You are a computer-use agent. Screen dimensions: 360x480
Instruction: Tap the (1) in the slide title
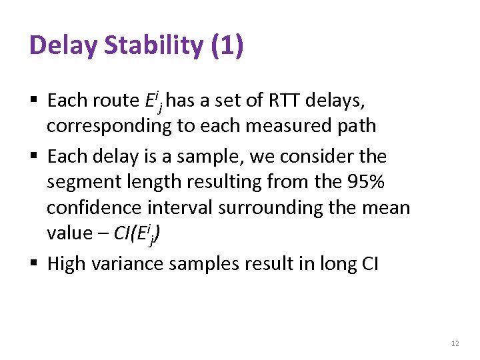(x=227, y=45)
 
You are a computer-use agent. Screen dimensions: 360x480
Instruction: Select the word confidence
(x=98, y=207)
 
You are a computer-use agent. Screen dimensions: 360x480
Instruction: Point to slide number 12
(x=455, y=343)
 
